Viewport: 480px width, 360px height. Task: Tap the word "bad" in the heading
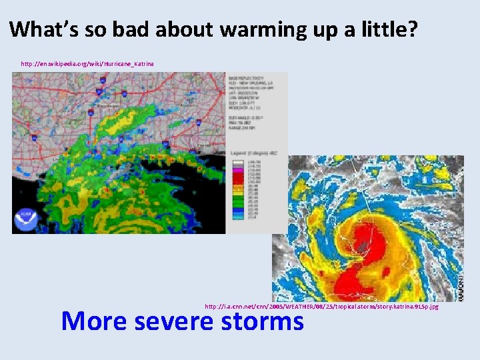(x=134, y=29)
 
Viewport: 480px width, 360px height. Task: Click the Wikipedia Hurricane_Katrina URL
(x=87, y=63)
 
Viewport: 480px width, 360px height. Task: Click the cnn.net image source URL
(x=321, y=307)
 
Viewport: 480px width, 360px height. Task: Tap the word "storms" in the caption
(x=263, y=321)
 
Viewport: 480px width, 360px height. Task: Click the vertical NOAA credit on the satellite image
(x=459, y=283)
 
